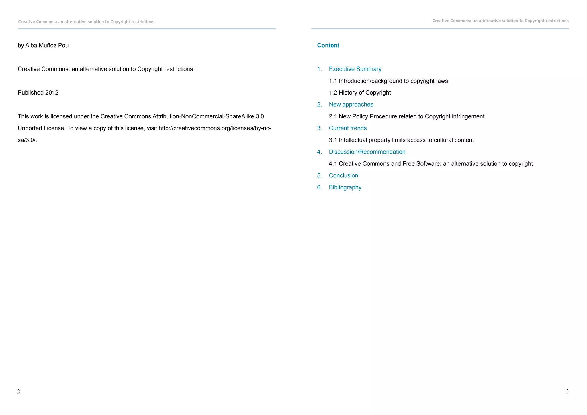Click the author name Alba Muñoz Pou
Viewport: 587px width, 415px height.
pyautogui.click(x=47, y=46)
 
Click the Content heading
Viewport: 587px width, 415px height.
pyautogui.click(x=328, y=46)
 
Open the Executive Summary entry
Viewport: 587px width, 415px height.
pyautogui.click(x=355, y=69)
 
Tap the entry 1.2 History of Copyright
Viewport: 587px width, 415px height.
pyautogui.click(x=360, y=93)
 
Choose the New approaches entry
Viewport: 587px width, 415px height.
pyautogui.click(x=351, y=105)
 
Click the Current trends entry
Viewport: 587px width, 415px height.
pyautogui.click(x=348, y=128)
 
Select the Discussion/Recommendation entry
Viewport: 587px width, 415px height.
pyautogui.click(x=367, y=152)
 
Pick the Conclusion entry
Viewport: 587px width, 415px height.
pyautogui.click(x=343, y=176)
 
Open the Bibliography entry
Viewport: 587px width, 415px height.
pyautogui.click(x=345, y=187)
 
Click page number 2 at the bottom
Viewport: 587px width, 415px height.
pyautogui.click(x=19, y=391)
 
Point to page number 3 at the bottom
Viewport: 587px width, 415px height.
pyautogui.click(x=567, y=391)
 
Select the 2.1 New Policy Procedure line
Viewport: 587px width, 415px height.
pyautogui.click(x=406, y=116)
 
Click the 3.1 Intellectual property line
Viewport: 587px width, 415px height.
pyautogui.click(x=401, y=140)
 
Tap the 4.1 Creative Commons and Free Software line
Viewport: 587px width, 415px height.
pyautogui.click(x=431, y=164)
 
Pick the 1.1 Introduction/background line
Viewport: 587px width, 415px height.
pyautogui.click(x=388, y=81)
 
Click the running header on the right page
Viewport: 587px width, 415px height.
pyautogui.click(x=500, y=21)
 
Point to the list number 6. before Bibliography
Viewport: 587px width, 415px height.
pyautogui.click(x=319, y=187)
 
